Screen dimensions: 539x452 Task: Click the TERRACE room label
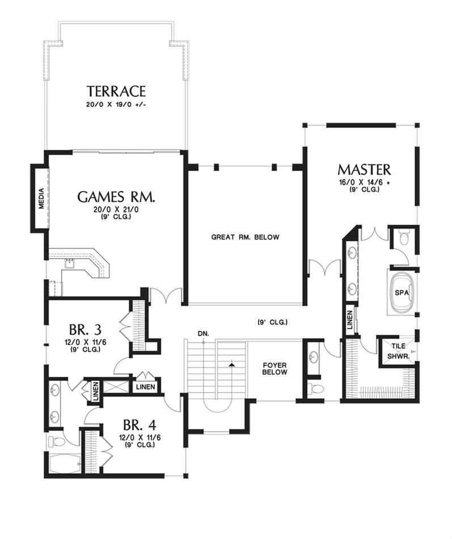116,91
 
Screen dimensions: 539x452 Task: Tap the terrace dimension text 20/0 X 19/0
116,106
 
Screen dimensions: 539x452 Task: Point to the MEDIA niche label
41,198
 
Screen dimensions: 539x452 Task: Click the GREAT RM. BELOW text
245,237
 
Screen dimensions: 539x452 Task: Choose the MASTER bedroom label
364,169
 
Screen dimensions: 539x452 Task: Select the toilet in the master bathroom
404,237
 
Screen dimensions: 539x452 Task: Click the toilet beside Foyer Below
315,388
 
